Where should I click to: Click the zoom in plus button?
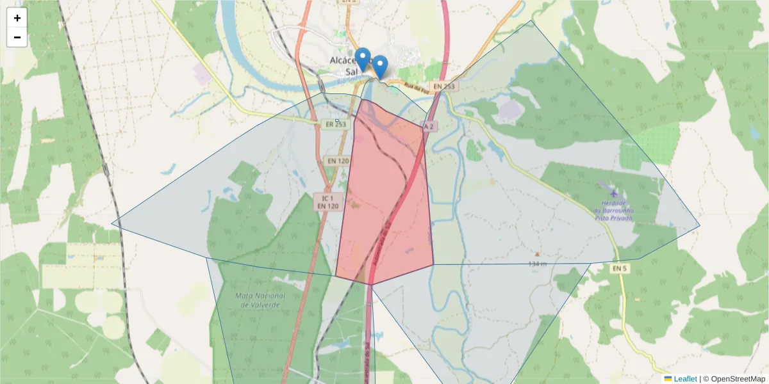[x=17, y=18]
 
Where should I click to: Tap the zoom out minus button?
[x=17, y=37]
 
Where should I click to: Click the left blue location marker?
[x=363, y=59]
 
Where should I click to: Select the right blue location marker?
[x=380, y=67]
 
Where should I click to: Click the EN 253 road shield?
[x=443, y=86]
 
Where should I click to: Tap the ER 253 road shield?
[x=336, y=124]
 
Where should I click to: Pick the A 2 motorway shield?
[x=428, y=126]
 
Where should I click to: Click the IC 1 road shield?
[x=327, y=198]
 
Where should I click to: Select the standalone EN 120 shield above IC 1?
[x=337, y=161]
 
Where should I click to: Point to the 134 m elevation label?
[x=538, y=264]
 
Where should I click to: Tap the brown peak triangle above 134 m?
[x=537, y=254]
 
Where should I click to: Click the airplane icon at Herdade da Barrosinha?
[x=615, y=192]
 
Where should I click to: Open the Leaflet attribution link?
[x=684, y=379]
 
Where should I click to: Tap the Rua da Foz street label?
[x=415, y=88]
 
